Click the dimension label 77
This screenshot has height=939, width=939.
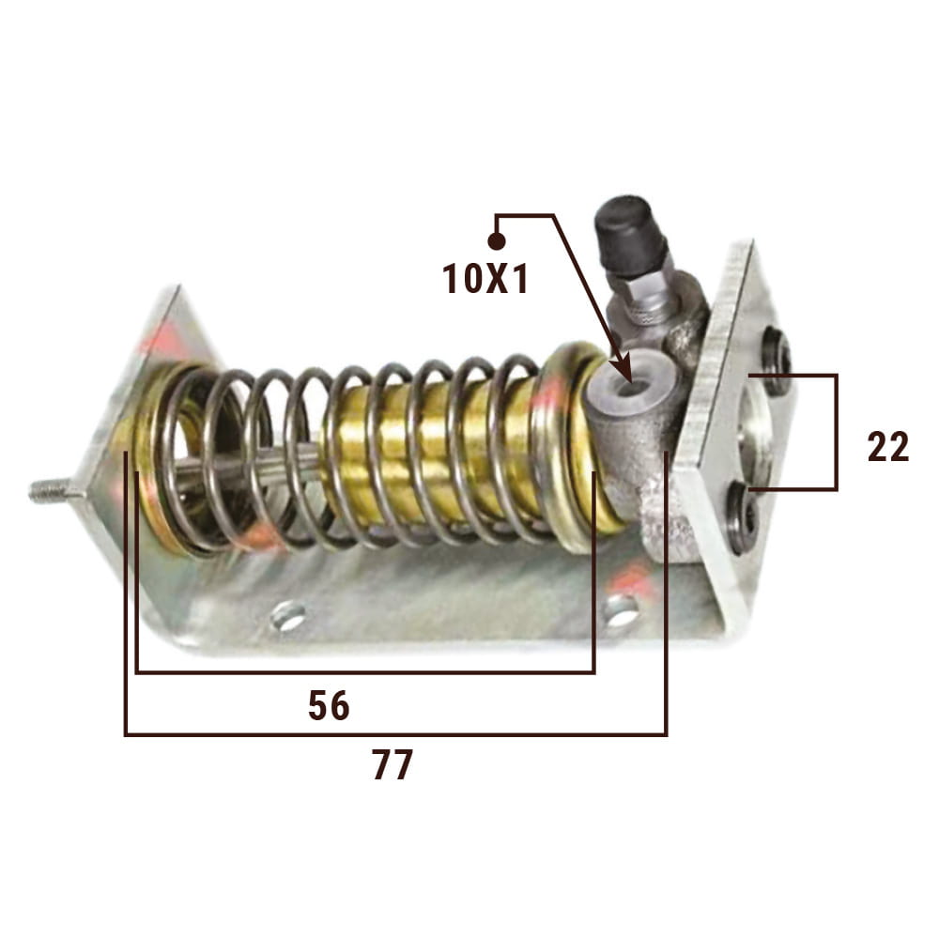pyautogui.click(x=393, y=764)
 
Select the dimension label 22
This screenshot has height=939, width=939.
pyautogui.click(x=888, y=447)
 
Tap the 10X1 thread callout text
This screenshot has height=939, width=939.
pyautogui.click(x=485, y=279)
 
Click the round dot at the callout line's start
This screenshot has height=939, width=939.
pyautogui.click(x=497, y=240)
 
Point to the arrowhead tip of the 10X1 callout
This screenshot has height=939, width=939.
pyautogui.click(x=631, y=382)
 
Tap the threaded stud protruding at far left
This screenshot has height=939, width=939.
pyautogui.click(x=55, y=492)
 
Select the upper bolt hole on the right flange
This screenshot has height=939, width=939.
pyautogui.click(x=777, y=361)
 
